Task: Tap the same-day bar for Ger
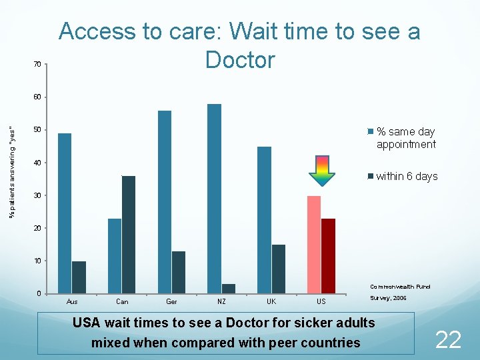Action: (x=165, y=202)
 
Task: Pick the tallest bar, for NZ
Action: (x=214, y=199)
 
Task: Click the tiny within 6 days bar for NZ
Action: (x=229, y=289)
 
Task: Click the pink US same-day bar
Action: (x=314, y=245)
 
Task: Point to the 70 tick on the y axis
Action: (x=37, y=64)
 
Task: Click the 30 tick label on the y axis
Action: (x=37, y=195)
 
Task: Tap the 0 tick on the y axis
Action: (x=39, y=294)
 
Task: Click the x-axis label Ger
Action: (x=171, y=302)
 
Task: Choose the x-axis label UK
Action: (x=271, y=302)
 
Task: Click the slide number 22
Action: (x=448, y=340)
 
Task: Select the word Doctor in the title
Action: (x=240, y=60)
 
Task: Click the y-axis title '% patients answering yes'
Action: (x=12, y=171)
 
